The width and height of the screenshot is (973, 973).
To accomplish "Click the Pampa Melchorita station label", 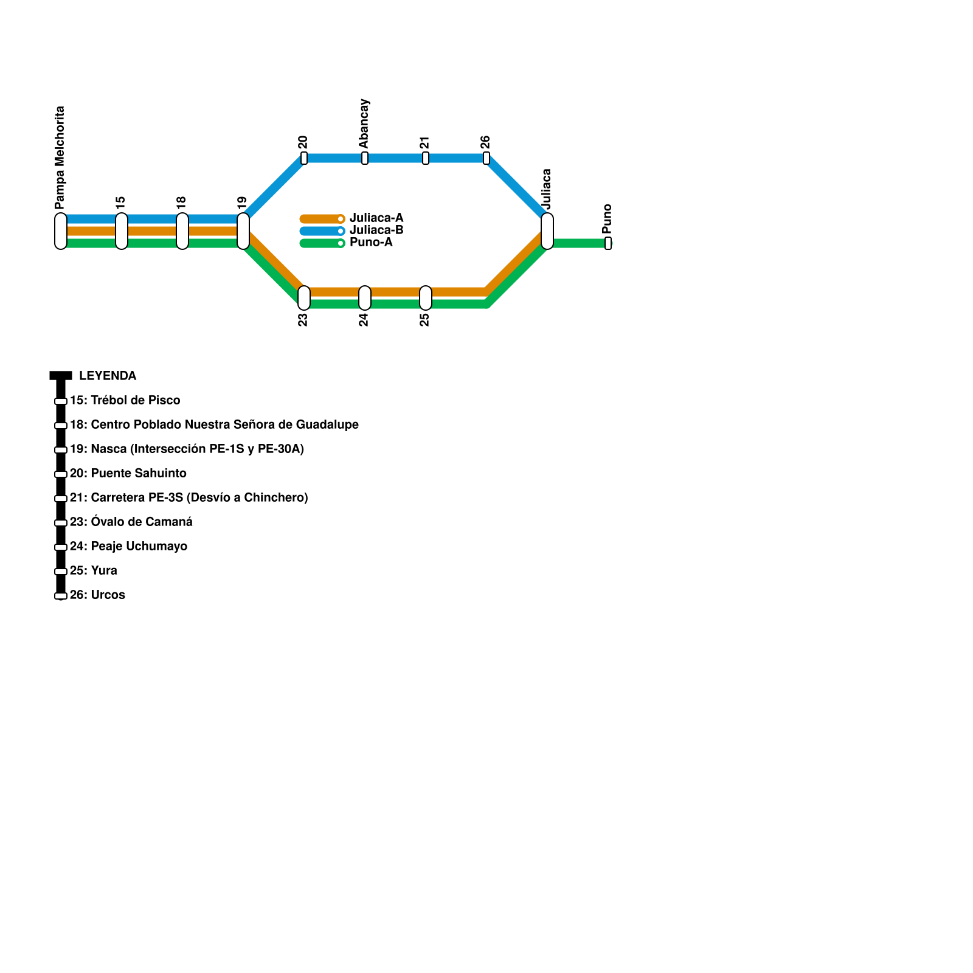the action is [x=60, y=158].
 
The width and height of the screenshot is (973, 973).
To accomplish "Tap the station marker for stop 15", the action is [x=122, y=231].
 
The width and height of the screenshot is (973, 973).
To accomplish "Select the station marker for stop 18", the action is [x=182, y=231].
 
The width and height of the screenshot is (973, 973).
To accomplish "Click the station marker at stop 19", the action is [x=243, y=231].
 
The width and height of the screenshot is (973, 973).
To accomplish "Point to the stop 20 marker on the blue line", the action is [x=304, y=158].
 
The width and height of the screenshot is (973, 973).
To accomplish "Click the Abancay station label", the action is [x=364, y=123].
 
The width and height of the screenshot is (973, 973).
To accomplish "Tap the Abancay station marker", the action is [x=365, y=158].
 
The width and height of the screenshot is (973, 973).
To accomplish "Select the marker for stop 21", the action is [x=426, y=158].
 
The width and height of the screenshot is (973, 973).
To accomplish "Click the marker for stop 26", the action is [x=486, y=158].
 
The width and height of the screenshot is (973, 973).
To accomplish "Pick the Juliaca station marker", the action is [x=547, y=231].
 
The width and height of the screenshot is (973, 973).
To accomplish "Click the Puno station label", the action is [x=607, y=218].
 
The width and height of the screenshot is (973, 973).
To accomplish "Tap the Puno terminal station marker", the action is [x=608, y=243].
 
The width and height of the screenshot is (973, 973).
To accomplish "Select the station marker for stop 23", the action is [x=304, y=298].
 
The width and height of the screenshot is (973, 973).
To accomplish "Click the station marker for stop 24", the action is [x=365, y=298].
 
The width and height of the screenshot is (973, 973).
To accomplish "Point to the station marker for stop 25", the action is [x=426, y=298].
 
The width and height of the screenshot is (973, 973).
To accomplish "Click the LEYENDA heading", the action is [x=108, y=376].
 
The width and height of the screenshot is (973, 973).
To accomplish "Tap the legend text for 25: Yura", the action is [x=94, y=570].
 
